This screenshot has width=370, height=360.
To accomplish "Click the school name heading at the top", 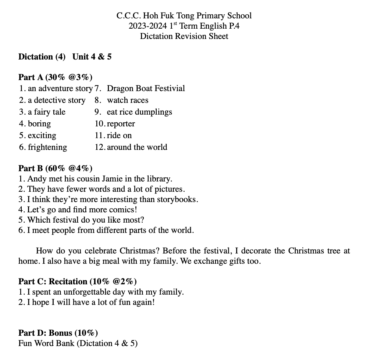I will (x=184, y=16).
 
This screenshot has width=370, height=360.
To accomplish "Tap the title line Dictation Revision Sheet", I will (x=184, y=36).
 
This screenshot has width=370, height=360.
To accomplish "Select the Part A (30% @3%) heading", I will (x=55, y=77).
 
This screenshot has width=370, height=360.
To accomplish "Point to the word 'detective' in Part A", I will (x=50, y=100).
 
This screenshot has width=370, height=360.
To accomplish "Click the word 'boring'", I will (x=39, y=124).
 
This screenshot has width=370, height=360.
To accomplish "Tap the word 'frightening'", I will (x=47, y=147).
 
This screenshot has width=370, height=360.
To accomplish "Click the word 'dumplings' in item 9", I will (x=155, y=112).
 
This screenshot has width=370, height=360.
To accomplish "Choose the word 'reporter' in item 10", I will (x=121, y=124).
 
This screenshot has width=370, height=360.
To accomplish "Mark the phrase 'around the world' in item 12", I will (x=137, y=147).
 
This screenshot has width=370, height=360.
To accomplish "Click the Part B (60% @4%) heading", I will (x=55, y=168).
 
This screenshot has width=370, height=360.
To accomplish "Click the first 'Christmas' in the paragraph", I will (x=140, y=251).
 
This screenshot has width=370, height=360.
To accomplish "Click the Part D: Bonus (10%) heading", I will (x=58, y=333).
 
